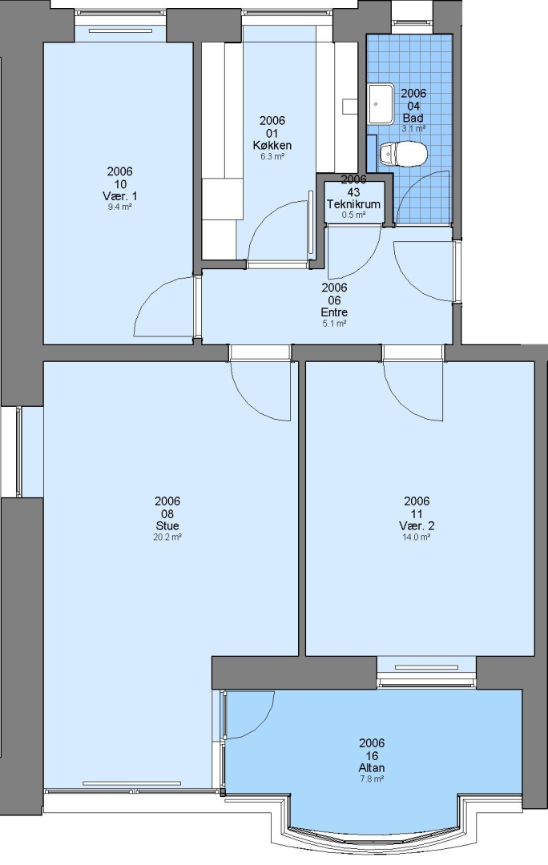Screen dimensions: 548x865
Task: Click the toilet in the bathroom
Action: (404, 153)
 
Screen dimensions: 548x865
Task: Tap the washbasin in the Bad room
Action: (381, 103)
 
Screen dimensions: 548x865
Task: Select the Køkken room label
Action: (272, 146)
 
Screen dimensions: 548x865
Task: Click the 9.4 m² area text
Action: (119, 207)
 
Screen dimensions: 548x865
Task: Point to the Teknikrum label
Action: (353, 204)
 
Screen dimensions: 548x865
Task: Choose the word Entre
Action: (334, 312)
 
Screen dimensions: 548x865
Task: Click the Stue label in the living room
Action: (167, 525)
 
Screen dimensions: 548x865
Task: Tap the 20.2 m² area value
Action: (167, 537)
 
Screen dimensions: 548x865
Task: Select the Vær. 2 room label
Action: (416, 525)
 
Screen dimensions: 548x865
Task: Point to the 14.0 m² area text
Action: (416, 537)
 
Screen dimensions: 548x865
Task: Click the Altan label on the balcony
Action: (372, 767)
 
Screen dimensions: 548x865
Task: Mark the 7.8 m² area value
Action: (372, 778)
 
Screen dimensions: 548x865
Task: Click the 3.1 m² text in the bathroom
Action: (413, 128)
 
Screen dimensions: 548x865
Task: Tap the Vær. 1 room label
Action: (119, 196)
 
